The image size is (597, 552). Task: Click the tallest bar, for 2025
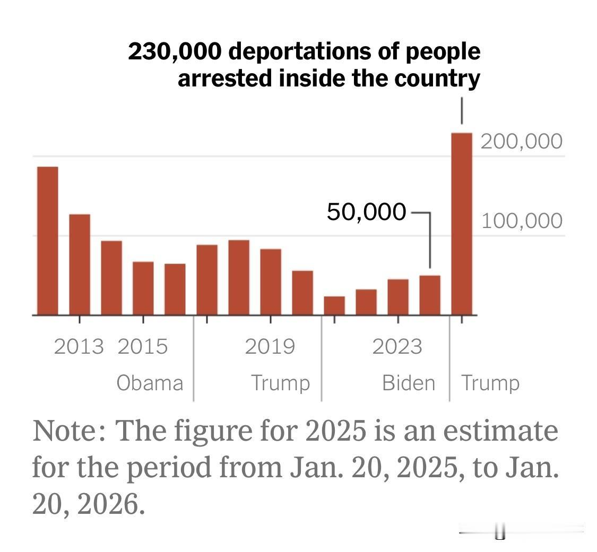pyautogui.click(x=461, y=223)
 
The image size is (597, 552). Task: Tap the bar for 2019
pyautogui.click(x=271, y=282)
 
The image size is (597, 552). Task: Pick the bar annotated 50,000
pyautogui.click(x=430, y=295)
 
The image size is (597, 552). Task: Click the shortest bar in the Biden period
pyautogui.click(x=334, y=305)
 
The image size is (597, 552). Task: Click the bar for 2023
pyautogui.click(x=398, y=297)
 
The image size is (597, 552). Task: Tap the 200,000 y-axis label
pyautogui.click(x=522, y=142)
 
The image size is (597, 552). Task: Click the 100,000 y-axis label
pyautogui.click(x=522, y=221)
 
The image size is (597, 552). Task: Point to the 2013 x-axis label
pyautogui.click(x=79, y=347)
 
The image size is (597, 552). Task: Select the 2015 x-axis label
pyautogui.click(x=143, y=347)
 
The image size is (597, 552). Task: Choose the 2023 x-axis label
pyautogui.click(x=397, y=347)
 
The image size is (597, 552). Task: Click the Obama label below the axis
pyautogui.click(x=150, y=383)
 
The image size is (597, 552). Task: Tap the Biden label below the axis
pyautogui.click(x=409, y=383)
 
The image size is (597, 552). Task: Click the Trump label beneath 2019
pyautogui.click(x=280, y=383)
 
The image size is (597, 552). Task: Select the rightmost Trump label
pyautogui.click(x=490, y=383)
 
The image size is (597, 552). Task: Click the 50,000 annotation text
pyautogui.click(x=366, y=212)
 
